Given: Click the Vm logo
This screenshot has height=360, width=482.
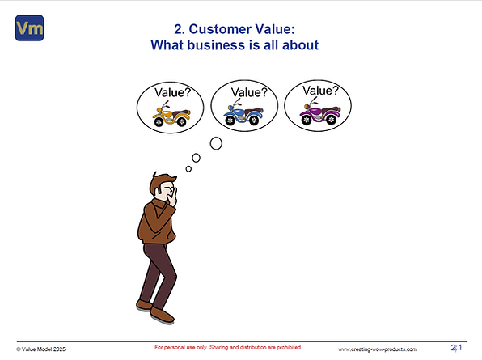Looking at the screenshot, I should coord(29,30).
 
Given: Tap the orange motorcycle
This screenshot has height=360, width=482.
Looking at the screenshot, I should coord(171,118).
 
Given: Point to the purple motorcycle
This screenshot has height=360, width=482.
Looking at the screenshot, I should coord(318,115).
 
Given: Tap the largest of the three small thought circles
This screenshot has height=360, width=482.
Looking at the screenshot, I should coord(216,144).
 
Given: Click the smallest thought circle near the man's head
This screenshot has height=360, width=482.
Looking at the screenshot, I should coord(188,168).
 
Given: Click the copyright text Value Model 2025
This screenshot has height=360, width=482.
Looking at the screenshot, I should coord(40,349).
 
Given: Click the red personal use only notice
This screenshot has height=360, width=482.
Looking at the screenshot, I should coord(228,347).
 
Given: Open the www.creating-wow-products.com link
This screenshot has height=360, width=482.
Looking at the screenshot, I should coord(378,349).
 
